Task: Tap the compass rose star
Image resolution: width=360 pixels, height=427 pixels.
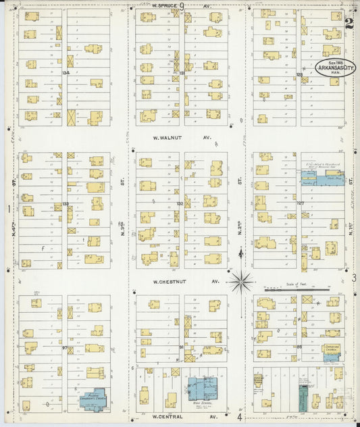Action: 241,280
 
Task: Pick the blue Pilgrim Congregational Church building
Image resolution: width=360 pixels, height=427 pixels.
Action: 96,401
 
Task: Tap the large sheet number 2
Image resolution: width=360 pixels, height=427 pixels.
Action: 349,25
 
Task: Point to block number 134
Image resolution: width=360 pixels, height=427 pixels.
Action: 66,72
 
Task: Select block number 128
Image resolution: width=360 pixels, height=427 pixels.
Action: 299,74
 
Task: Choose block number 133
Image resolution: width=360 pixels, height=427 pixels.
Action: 66,203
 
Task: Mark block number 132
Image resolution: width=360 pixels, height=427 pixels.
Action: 180,203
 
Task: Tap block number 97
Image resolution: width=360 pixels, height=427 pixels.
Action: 66,349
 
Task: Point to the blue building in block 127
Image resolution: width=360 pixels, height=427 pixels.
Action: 322,178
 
